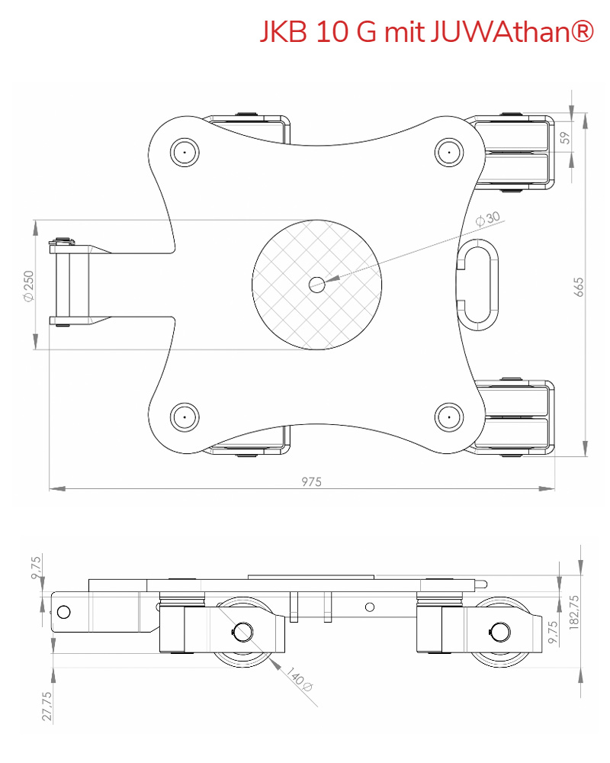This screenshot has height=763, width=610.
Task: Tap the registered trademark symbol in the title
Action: coord(581,31)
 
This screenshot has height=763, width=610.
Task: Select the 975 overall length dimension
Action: coord(311,481)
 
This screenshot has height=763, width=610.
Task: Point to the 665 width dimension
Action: coord(579,286)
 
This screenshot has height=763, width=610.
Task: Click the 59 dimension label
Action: coord(565,137)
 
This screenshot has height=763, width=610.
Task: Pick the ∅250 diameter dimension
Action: coord(29,285)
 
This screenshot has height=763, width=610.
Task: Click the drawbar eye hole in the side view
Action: coord(64,611)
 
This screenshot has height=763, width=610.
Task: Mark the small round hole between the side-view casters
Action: coord(370,607)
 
